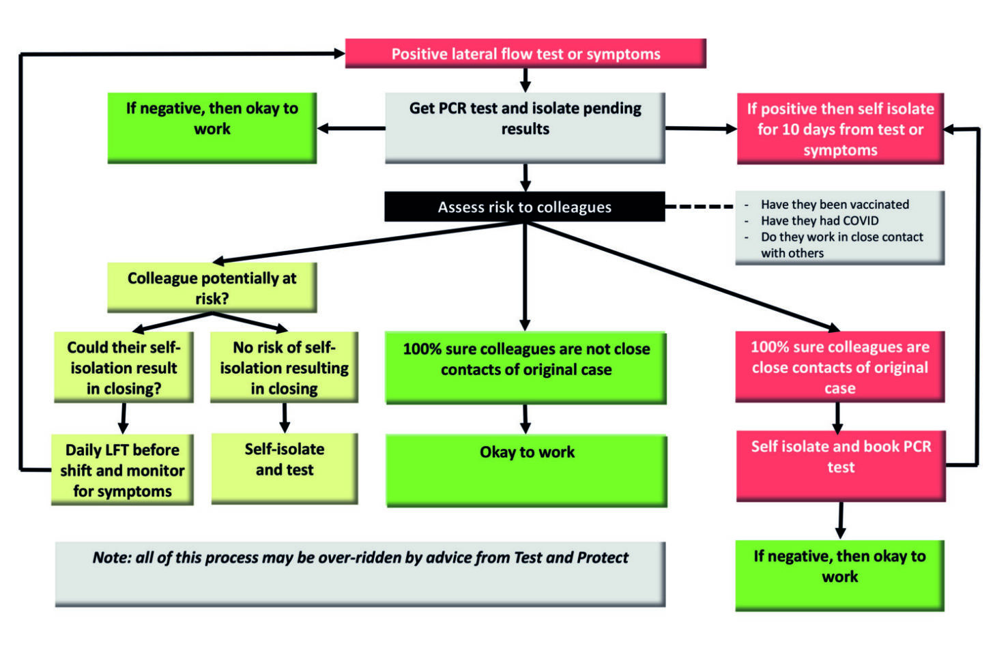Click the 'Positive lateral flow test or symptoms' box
coord(525,54)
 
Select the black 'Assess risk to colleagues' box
coord(524,207)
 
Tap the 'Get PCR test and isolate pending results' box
coord(525,128)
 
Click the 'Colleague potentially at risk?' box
coord(212,288)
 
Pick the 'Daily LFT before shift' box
coord(122,470)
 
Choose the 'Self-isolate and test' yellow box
coord(284,469)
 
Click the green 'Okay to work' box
coord(526,471)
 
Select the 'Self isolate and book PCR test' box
coord(840,466)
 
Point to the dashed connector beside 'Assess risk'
coord(699,206)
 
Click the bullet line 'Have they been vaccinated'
coord(835,205)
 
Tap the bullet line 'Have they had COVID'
coord(820,221)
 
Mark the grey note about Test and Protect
coord(360,573)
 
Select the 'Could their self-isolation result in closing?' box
coord(124,368)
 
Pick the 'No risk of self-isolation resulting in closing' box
coord(284,368)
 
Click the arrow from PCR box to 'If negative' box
coord(351,128)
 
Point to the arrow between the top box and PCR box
coord(525,80)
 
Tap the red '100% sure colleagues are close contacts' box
coord(839,367)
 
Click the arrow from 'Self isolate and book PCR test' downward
coord(840,521)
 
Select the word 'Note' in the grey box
coord(111,558)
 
